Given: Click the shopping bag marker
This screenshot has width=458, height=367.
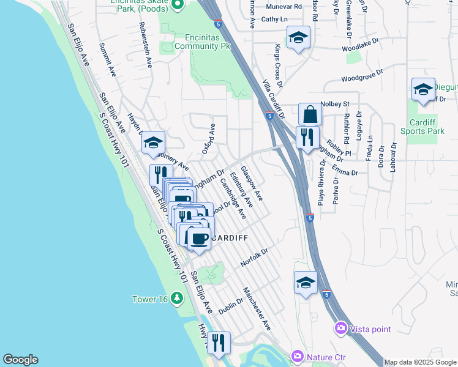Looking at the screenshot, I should (x=310, y=115).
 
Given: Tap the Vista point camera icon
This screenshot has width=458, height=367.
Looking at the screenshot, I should (x=340, y=329).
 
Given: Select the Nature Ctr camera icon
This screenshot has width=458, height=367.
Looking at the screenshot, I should (x=298, y=355).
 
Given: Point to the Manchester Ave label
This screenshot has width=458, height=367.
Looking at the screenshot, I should (x=257, y=308).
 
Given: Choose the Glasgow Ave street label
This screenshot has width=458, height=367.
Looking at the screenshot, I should (x=252, y=183).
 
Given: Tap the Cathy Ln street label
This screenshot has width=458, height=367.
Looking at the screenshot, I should (x=274, y=20).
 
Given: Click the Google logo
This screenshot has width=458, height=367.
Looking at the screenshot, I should (x=20, y=360).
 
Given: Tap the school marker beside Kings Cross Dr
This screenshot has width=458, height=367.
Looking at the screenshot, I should (x=298, y=39).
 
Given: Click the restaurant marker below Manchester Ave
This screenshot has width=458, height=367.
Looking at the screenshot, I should (x=218, y=344).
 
